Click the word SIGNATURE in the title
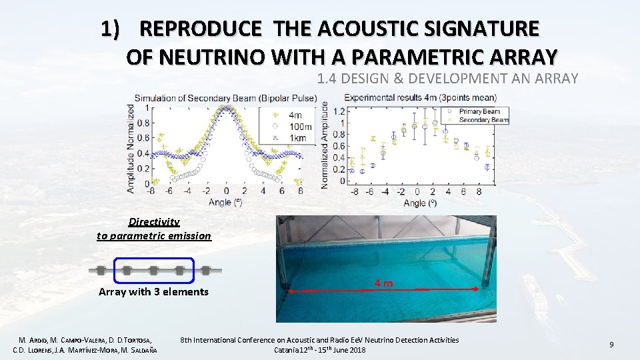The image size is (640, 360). pyautogui.click(x=481, y=29)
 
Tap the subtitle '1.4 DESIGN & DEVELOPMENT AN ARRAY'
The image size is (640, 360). pyautogui.click(x=447, y=79)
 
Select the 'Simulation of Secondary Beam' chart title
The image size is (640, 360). pyautogui.click(x=227, y=99)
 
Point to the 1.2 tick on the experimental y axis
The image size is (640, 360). pyautogui.click(x=339, y=111)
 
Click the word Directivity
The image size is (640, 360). pyautogui.click(x=154, y=222)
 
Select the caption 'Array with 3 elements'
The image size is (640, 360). pyautogui.click(x=153, y=292)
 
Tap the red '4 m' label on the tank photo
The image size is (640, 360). pyautogui.click(x=383, y=283)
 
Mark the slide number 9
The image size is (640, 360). pyautogui.click(x=611, y=345)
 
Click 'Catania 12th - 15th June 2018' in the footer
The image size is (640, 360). pyautogui.click(x=319, y=350)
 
